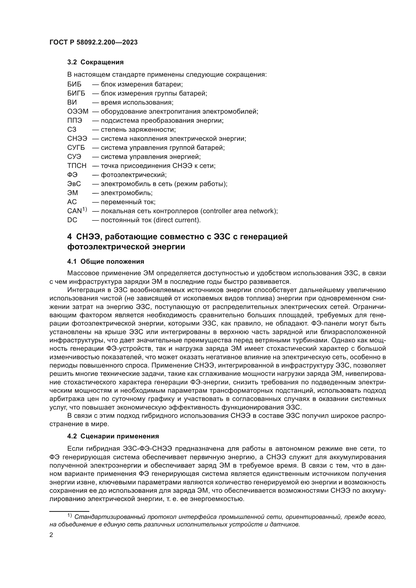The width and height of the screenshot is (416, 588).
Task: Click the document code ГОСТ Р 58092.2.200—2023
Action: tap(94, 42)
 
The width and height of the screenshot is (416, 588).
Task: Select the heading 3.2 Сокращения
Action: tap(95, 62)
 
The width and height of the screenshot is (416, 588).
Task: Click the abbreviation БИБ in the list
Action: tap(74, 84)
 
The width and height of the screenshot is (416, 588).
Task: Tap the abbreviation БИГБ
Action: tap(76, 93)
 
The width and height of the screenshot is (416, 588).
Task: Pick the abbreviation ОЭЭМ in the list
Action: tap(78, 111)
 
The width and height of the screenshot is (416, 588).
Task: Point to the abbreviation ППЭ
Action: tap(75, 120)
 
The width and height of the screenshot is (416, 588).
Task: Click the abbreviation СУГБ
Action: tap(76, 148)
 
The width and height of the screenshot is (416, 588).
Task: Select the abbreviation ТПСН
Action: tap(77, 166)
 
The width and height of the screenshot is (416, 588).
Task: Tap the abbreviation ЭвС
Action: tap(74, 184)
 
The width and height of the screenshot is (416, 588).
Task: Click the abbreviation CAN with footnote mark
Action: tap(77, 211)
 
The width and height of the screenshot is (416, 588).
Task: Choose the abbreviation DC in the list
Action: tap(72, 220)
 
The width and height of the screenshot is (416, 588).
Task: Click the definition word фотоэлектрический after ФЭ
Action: tap(134, 175)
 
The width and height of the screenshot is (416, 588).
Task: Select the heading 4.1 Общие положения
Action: tap(106, 261)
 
